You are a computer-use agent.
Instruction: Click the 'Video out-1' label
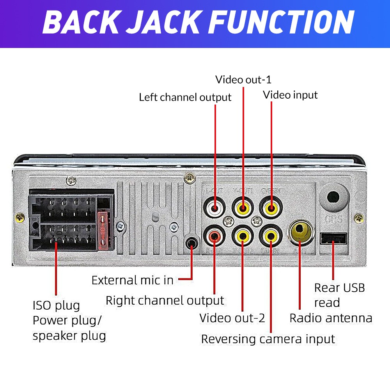(243, 80)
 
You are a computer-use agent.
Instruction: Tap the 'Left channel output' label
(185, 97)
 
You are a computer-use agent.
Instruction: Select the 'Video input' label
(290, 95)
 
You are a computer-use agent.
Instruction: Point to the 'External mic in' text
(132, 280)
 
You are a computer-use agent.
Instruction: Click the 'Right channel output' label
(165, 300)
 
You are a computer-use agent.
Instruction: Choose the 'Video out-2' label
(232, 318)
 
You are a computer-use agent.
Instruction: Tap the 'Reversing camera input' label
(268, 339)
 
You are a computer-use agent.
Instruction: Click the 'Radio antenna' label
(331, 318)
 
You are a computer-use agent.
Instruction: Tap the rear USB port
(333, 238)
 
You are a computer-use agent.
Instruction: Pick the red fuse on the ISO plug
(103, 230)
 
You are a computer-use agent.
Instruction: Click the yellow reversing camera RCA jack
(270, 236)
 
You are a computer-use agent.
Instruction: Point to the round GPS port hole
(333, 197)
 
